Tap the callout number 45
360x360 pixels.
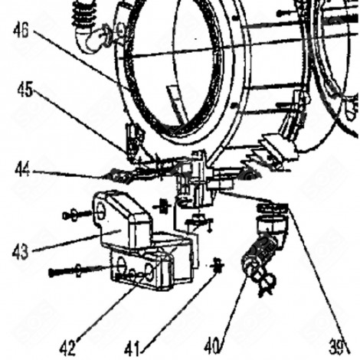click(x=25, y=89)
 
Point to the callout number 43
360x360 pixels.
click(x=21, y=250)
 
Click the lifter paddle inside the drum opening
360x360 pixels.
click(x=176, y=100)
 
